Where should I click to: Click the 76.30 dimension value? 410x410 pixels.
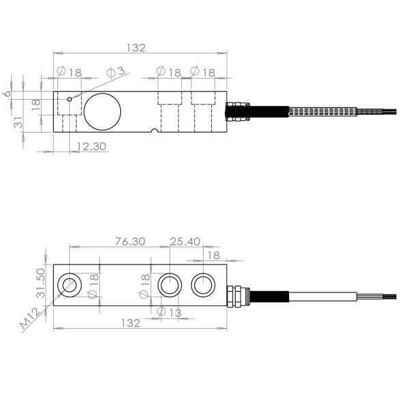coord(131,241)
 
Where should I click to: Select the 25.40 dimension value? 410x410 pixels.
coord(184,241)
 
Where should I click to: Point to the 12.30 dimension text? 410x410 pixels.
coord(92,146)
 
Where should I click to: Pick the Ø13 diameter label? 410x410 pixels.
coord(169,312)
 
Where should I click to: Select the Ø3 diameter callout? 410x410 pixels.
coord(116,71)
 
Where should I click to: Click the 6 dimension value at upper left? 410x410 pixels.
coord(9,93)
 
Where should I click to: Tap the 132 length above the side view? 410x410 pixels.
coord(137,48)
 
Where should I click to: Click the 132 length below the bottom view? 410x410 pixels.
coord(130,323)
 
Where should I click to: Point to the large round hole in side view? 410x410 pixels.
coord(102,110)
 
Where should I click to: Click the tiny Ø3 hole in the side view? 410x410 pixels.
coord(70,99)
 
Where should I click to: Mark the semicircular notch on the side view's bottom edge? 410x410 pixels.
coord(155,131)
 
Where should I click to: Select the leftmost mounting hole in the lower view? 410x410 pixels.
coord(70,284)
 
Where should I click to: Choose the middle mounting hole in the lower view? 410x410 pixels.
coord(169,284)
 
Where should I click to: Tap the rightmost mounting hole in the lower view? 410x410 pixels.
coord(203,284)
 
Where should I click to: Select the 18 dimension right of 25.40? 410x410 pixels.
coord(213,255)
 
